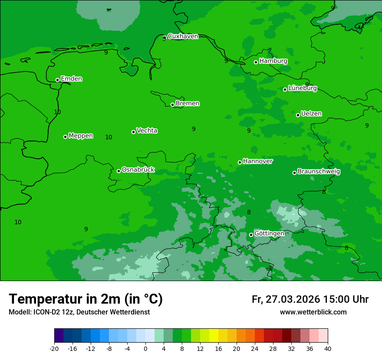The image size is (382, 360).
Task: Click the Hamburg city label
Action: (x=273, y=61)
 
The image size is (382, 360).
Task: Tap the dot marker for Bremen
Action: (x=172, y=105)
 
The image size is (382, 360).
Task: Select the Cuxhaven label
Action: (x=183, y=36)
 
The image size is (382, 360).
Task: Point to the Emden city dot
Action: (x=57, y=80)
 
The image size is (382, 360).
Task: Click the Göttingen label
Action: (x=269, y=234)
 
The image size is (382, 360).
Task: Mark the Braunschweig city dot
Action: (x=294, y=173)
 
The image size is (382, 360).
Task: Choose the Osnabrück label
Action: (x=138, y=170)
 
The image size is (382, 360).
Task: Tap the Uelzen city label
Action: (x=311, y=114)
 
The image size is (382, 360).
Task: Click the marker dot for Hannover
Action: (x=240, y=162)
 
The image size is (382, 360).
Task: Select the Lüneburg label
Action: (x=302, y=88)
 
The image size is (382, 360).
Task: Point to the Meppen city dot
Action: (x=65, y=137)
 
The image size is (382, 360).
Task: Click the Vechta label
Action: (x=147, y=131)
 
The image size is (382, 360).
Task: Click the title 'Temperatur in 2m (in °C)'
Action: (x=86, y=299)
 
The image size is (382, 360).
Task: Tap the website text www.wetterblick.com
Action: (x=313, y=312)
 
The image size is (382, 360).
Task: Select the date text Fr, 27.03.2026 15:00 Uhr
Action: (x=310, y=299)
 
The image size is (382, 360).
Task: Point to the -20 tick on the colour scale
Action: (x=54, y=349)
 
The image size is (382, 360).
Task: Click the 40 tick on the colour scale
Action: (x=328, y=349)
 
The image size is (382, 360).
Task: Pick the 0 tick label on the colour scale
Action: (x=145, y=349)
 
